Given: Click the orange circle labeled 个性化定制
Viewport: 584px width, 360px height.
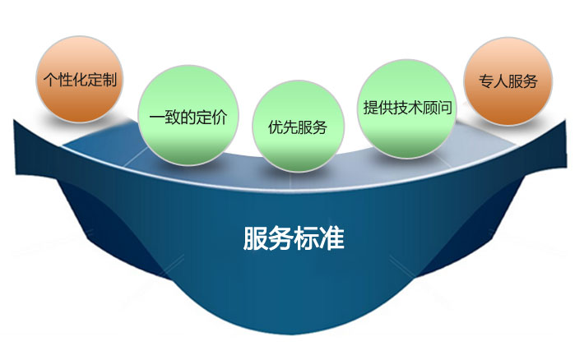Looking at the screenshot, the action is (79, 79).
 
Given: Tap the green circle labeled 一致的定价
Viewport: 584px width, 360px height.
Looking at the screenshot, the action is (188, 115).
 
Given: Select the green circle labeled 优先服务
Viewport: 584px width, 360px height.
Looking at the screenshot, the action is (298, 127).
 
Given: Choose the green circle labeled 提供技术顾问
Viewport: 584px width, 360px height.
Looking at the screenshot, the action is (407, 108).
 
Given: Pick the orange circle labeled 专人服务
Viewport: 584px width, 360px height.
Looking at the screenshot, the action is (508, 81).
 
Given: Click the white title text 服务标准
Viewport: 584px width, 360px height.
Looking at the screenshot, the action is (294, 238).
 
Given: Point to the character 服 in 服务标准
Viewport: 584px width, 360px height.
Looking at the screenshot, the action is (256, 238).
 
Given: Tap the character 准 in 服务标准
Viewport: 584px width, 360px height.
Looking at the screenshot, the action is (332, 238).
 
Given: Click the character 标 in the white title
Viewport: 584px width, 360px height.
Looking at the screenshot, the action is (307, 238).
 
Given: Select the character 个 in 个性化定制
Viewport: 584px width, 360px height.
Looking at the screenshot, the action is (50, 80).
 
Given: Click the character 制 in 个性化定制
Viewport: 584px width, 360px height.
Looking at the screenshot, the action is (109, 80).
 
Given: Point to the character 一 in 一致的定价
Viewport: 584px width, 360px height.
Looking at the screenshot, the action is (157, 118).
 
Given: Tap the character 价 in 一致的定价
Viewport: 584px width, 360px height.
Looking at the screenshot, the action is (220, 118).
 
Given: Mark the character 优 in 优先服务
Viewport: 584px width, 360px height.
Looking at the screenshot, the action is (276, 127).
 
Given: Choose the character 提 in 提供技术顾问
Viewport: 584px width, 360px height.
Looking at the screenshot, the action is (371, 108).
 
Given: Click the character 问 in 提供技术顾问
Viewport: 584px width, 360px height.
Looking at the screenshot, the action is (445, 108).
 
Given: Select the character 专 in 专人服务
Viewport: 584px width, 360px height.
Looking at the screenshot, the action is (486, 81).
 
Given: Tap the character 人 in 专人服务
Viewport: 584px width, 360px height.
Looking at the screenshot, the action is (501, 81).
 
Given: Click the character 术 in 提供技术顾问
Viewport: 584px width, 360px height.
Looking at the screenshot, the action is (415, 108).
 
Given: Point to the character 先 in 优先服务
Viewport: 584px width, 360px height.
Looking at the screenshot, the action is (290, 127).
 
